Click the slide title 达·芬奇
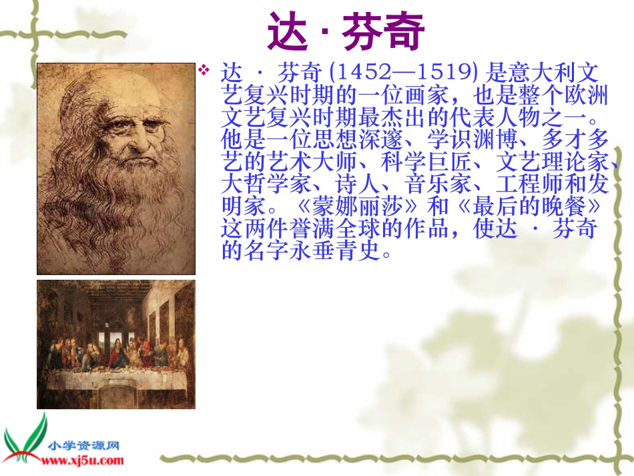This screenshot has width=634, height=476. tap(346, 31)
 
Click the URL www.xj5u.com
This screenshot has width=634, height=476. tap(83, 460)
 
